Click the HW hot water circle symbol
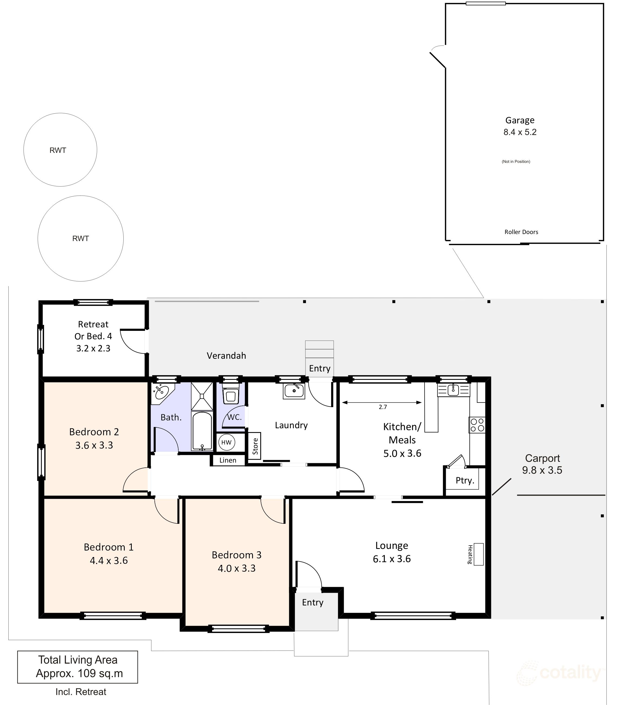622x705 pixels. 226,442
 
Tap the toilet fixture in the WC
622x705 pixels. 231,395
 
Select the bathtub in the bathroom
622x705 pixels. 202,431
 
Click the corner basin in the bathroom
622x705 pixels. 161,392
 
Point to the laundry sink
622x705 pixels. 294,391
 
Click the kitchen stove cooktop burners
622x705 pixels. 477,425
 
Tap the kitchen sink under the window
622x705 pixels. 453,390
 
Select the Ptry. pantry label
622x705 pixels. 465,480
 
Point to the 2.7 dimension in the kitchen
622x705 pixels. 383,407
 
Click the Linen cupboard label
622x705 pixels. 228,460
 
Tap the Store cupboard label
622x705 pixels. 255,446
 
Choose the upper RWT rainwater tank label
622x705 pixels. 58,150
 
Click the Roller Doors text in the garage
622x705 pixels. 521,232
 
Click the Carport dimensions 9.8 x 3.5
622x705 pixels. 542,470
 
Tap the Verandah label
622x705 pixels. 226,355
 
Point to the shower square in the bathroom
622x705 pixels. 202,396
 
